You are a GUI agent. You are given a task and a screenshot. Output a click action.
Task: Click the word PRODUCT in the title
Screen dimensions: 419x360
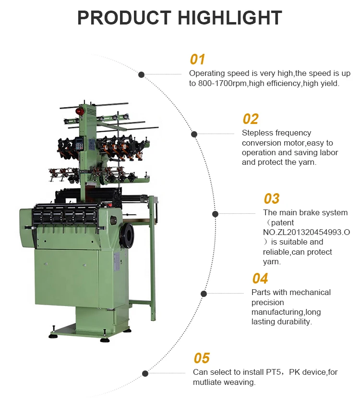point(124,18)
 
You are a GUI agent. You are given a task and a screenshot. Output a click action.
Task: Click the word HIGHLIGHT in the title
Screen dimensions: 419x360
point(230,18)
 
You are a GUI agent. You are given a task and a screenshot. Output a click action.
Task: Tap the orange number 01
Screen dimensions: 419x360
point(197,60)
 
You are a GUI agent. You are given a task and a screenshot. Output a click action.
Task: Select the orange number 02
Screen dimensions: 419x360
point(250,119)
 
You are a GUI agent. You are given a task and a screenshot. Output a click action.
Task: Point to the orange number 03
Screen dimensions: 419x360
point(271,199)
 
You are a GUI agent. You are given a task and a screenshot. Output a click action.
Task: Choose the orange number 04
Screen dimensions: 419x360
point(260,279)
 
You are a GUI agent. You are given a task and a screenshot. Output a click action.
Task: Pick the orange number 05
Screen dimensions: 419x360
point(202,358)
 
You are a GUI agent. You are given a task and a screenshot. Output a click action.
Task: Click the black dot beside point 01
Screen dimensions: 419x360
point(142,74)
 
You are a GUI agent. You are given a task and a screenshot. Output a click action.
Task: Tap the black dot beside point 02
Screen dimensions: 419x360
point(194,134)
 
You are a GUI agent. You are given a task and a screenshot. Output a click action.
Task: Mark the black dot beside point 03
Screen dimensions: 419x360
point(216,214)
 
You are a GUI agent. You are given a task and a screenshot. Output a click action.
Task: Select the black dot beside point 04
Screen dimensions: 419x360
point(204,293)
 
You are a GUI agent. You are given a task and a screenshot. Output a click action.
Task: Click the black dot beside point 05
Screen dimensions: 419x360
point(145,373)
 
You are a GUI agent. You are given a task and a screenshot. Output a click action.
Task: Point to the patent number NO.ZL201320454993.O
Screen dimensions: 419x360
point(306,233)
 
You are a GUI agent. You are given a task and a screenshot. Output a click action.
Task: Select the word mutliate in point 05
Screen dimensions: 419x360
point(208,382)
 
